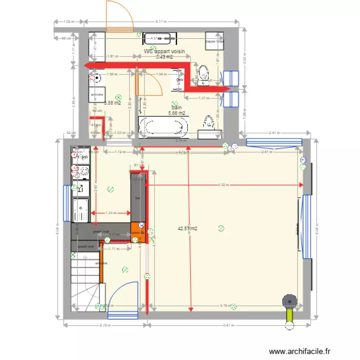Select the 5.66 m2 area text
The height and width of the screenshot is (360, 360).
(x=177, y=114)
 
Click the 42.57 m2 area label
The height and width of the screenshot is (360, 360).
(x=187, y=229)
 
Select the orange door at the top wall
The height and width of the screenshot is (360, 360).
(x=119, y=16)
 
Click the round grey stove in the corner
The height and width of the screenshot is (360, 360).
(x=289, y=300)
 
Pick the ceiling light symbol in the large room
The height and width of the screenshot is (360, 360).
(x=221, y=228)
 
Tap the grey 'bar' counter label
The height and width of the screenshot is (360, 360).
(x=138, y=197)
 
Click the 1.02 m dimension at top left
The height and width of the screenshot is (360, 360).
(x=67, y=22)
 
